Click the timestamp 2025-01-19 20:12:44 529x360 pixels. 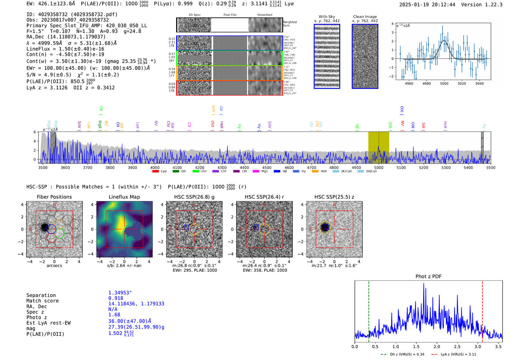click(x=427, y=5)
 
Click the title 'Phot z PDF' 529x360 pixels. click(x=428, y=276)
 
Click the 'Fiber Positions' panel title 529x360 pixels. click(x=54, y=197)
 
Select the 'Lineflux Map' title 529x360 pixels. click(x=124, y=197)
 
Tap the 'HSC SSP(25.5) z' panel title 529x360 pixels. click(x=334, y=197)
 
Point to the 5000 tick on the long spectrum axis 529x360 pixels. click(x=379, y=167)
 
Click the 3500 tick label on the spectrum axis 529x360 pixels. click(x=43, y=167)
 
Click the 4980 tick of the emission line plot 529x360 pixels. click(x=427, y=83)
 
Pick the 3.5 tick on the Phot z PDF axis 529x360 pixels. click(x=498, y=346)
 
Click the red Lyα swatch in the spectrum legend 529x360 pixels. click(x=155, y=172)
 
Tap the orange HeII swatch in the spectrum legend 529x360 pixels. click(x=315, y=172)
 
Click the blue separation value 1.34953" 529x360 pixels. click(x=120, y=293)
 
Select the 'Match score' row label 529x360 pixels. click(x=42, y=301)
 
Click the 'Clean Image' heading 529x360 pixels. click(x=365, y=17)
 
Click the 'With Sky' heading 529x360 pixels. click(x=326, y=17)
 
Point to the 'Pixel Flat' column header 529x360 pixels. click(x=230, y=15)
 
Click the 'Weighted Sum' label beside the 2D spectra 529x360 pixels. click(x=289, y=23)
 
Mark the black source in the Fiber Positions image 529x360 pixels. click(x=45, y=227)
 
